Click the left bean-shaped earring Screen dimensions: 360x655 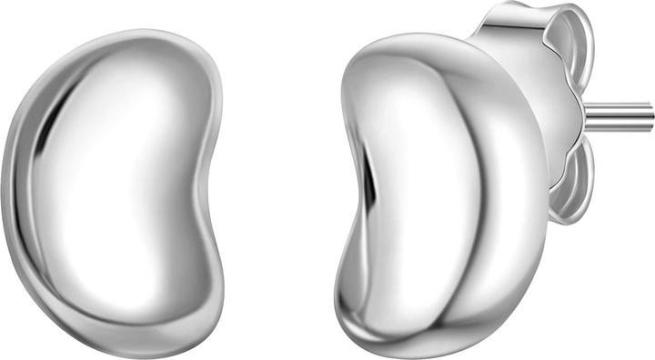click(x=114, y=182)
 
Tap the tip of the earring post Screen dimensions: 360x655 click(x=650, y=115)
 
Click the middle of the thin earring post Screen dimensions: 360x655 click(x=619, y=115)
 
